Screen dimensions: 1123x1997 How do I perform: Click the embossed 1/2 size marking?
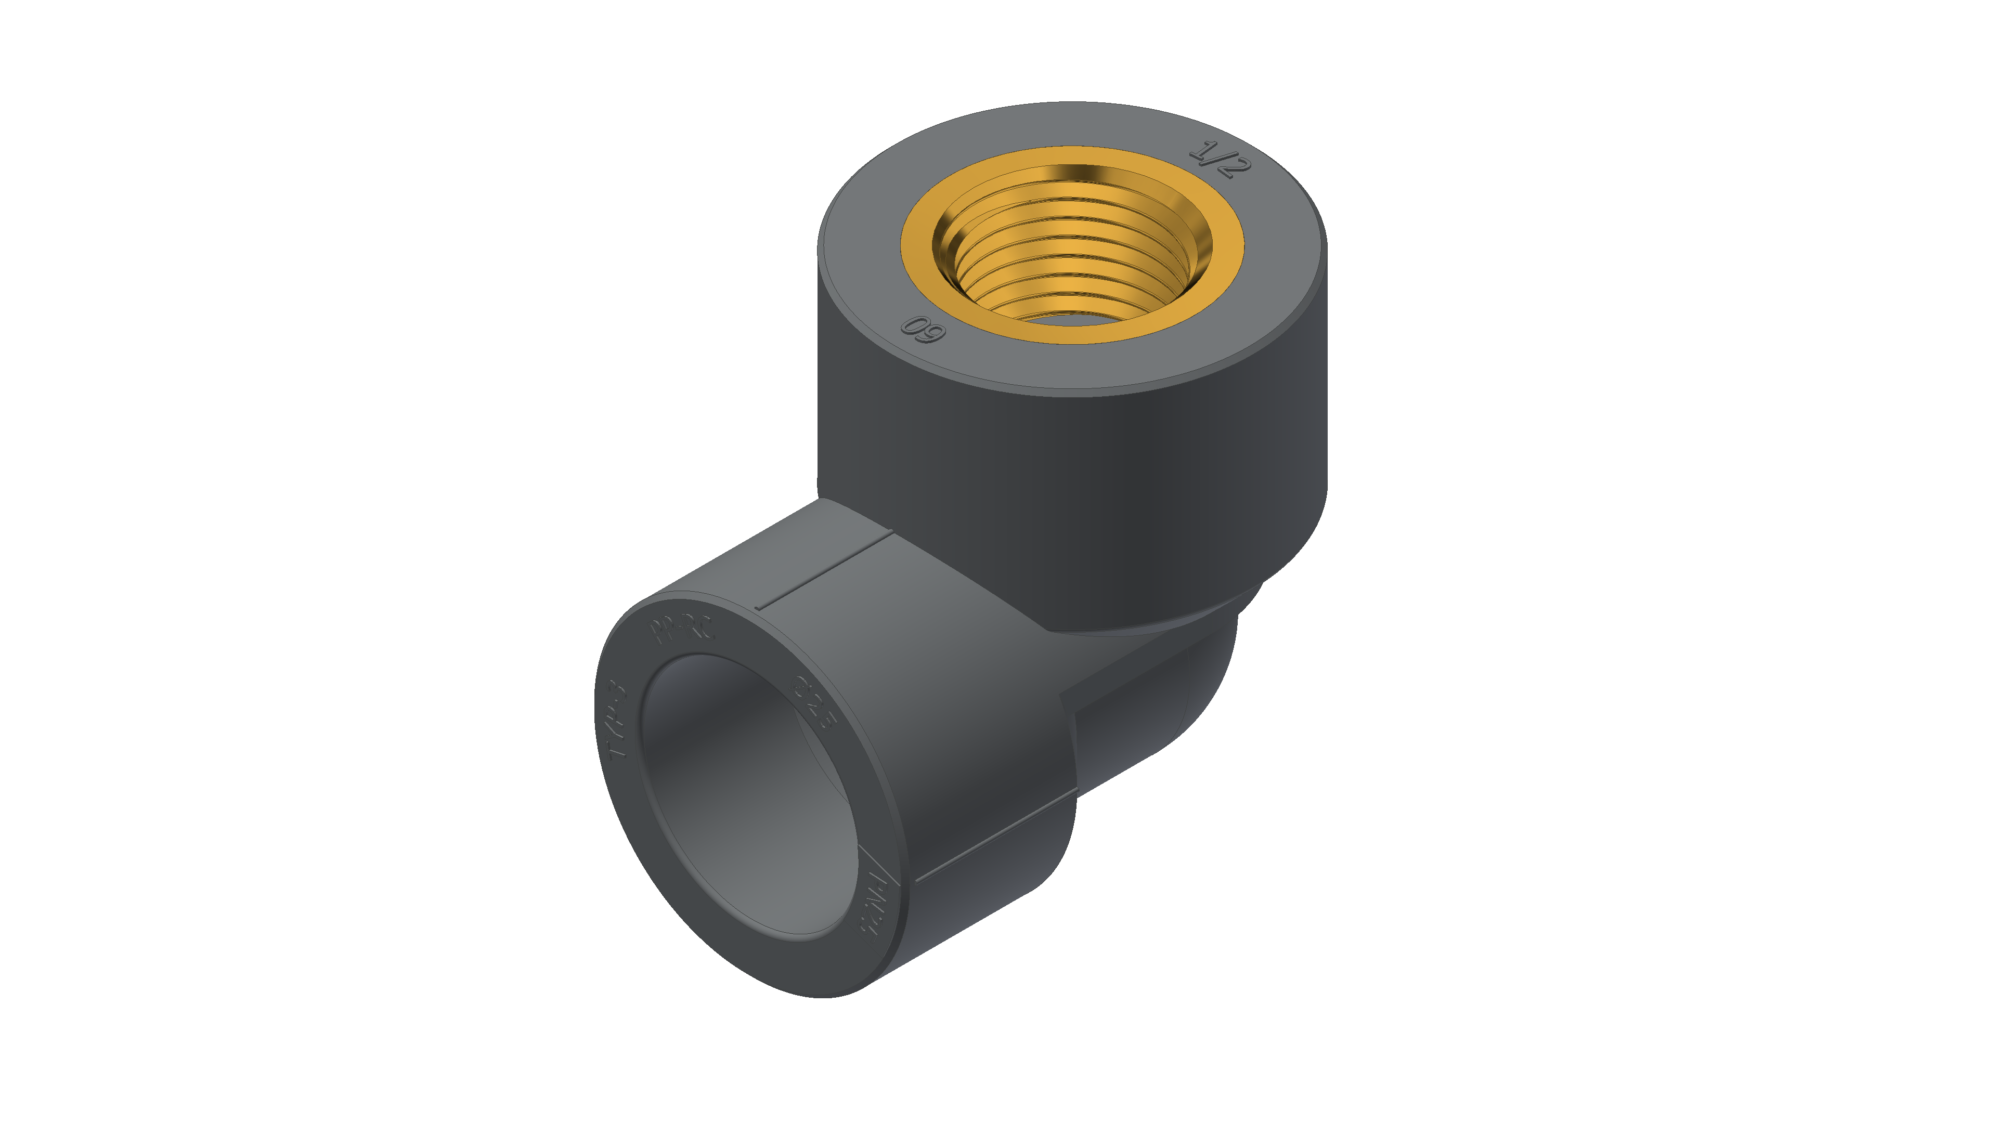(x=1220, y=160)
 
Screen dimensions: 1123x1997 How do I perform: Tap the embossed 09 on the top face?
(x=923, y=330)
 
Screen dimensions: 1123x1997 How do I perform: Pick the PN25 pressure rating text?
(x=876, y=902)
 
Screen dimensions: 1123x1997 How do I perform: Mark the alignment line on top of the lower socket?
(x=826, y=570)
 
